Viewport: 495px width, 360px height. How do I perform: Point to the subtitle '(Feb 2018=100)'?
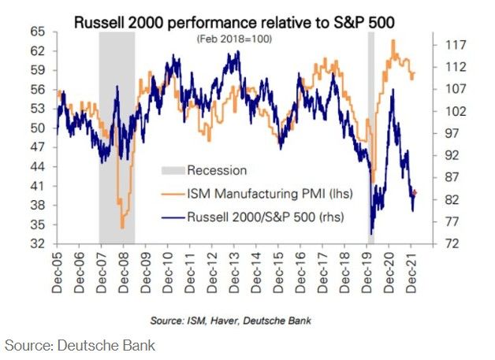234,39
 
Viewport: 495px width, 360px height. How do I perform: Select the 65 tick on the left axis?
38,32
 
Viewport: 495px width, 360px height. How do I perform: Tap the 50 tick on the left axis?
38,128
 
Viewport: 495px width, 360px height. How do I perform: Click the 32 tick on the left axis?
38,243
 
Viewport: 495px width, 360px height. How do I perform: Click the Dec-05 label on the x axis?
58,271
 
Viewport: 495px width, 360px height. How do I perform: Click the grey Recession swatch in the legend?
172,170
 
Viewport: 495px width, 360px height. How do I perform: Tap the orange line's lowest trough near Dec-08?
122,228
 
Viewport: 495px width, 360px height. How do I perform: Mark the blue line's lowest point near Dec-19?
371,234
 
